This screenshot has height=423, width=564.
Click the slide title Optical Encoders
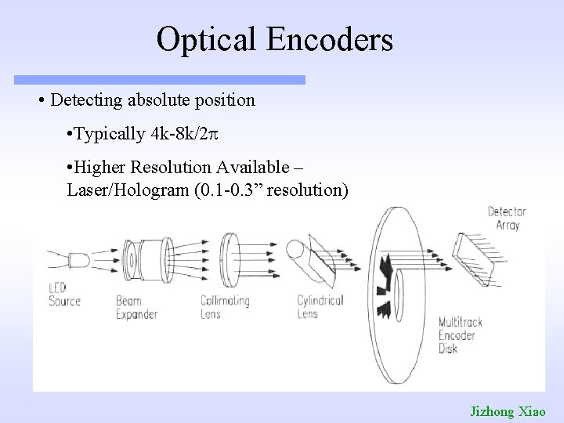274,39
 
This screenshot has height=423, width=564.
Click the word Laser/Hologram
117,190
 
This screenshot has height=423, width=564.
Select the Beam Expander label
136,308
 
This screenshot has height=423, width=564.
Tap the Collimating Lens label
225,306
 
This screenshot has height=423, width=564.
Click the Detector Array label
507,218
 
